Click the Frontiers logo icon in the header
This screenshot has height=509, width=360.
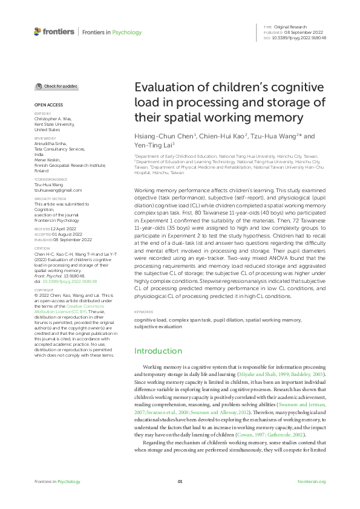coord(38,31)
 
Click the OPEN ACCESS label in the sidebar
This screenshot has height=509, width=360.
coord(48,105)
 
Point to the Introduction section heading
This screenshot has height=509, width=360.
coord(158,351)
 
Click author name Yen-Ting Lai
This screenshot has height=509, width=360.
coord(154,145)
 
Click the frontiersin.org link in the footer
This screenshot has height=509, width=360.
coord(312,481)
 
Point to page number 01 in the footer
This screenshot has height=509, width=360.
coord(180,481)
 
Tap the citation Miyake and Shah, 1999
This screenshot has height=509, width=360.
coord(263,375)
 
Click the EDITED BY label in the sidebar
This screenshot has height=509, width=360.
coord(42,113)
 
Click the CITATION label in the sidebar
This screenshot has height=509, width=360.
coord(42,248)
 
